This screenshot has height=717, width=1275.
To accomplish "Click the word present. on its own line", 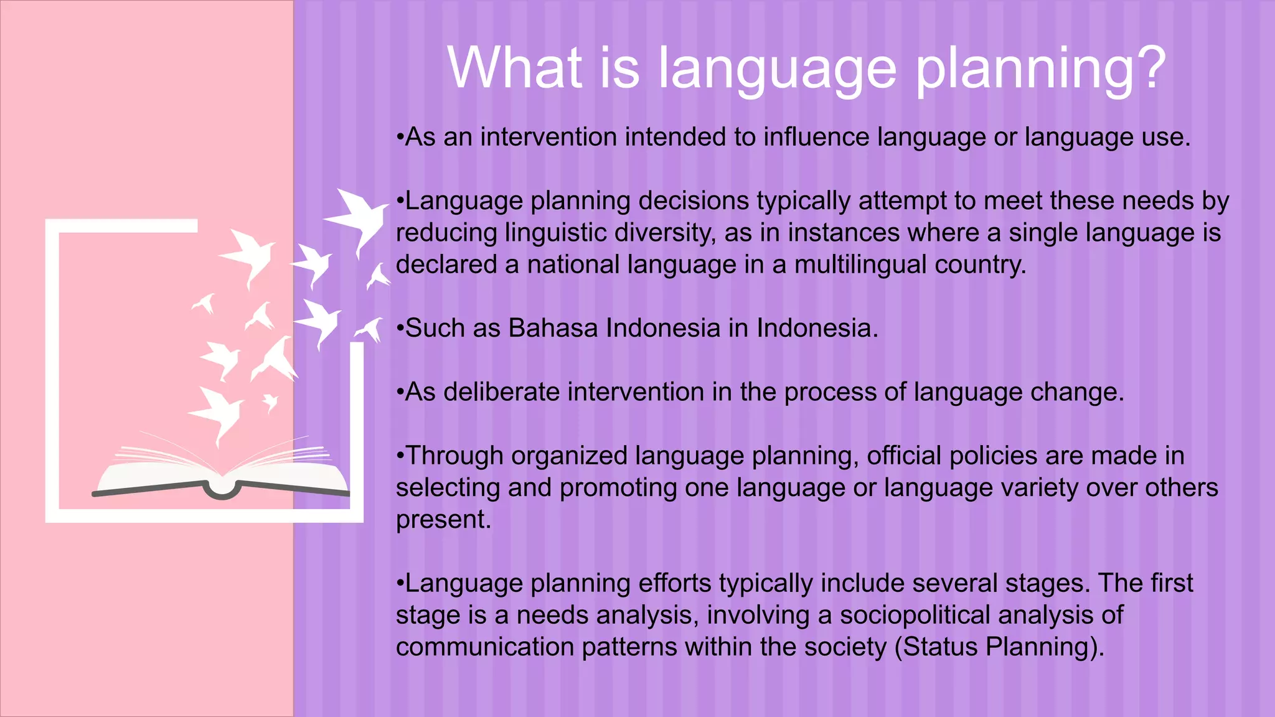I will click(443, 520).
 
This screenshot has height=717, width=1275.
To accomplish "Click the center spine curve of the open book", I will click(222, 492).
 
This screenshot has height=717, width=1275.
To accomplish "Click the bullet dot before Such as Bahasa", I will click(400, 329).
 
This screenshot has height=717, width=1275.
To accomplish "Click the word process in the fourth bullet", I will click(830, 392).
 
